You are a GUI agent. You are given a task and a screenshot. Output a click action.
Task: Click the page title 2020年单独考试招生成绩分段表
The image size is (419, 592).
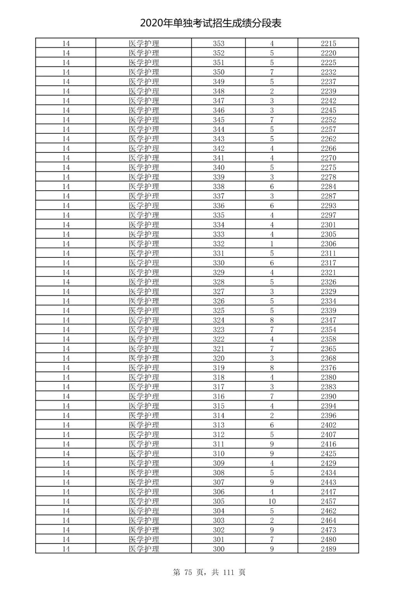click(211, 23)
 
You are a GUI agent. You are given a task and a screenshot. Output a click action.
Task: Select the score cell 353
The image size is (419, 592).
click(218, 43)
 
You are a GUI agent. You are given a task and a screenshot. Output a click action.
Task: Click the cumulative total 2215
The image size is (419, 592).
click(328, 43)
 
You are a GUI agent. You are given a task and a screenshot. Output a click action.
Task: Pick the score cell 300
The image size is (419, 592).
click(218, 549)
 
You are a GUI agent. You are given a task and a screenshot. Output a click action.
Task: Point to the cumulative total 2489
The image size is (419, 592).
click(328, 549)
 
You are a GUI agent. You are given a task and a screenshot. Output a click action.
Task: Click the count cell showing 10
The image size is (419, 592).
click(272, 501)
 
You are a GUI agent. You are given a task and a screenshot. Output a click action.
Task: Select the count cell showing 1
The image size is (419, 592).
click(272, 244)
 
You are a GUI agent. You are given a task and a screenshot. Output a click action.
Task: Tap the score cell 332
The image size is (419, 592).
click(218, 244)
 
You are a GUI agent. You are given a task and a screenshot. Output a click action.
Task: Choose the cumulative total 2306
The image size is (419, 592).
click(328, 244)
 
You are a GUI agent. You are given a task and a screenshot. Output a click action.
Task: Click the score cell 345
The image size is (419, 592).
click(218, 120)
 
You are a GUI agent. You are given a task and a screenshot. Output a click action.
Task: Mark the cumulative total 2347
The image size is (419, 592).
click(328, 320)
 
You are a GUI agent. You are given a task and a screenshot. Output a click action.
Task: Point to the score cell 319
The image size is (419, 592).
click(218, 368)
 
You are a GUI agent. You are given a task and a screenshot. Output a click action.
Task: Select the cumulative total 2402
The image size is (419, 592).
click(328, 425)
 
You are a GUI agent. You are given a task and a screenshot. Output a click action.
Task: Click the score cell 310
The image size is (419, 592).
click(218, 454)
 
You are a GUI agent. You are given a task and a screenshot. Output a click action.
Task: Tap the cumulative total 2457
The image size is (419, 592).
click(328, 501)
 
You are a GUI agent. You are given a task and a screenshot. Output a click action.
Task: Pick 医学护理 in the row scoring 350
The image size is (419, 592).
click(144, 72)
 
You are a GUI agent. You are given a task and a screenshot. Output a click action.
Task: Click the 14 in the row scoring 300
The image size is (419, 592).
click(66, 549)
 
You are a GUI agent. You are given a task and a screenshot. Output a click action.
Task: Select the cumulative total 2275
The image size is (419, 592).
click(328, 167)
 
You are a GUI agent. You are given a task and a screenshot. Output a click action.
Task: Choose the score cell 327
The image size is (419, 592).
click(218, 292)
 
